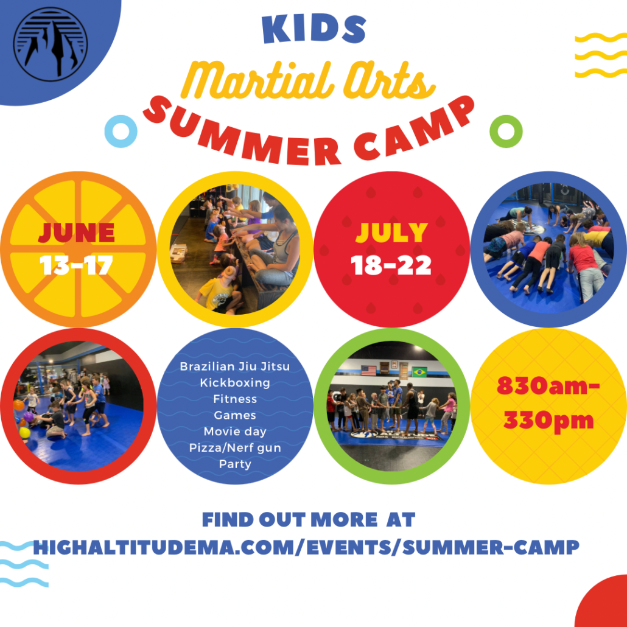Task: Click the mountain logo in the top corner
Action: pyautogui.click(x=51, y=44)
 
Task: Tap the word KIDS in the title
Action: pyautogui.click(x=314, y=29)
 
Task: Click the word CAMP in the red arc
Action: pyautogui.click(x=414, y=128)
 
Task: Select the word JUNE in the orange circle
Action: pyautogui.click(x=76, y=233)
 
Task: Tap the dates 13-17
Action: pyautogui.click(x=76, y=265)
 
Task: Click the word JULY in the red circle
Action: pyautogui.click(x=392, y=233)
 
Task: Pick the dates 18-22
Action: pyautogui.click(x=391, y=265)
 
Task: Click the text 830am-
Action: pyautogui.click(x=548, y=387)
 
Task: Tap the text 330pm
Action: pyautogui.click(x=548, y=421)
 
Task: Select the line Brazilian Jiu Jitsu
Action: pyautogui.click(x=235, y=366)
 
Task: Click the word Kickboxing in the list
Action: pyautogui.click(x=235, y=383)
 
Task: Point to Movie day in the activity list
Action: pyautogui.click(x=235, y=432)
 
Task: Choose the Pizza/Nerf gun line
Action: pyautogui.click(x=235, y=448)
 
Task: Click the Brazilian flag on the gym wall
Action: pyautogui.click(x=419, y=372)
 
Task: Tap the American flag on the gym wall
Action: pyautogui.click(x=369, y=371)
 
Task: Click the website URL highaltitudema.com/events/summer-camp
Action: pyautogui.click(x=306, y=547)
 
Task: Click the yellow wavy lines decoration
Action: pyautogui.click(x=601, y=55)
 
